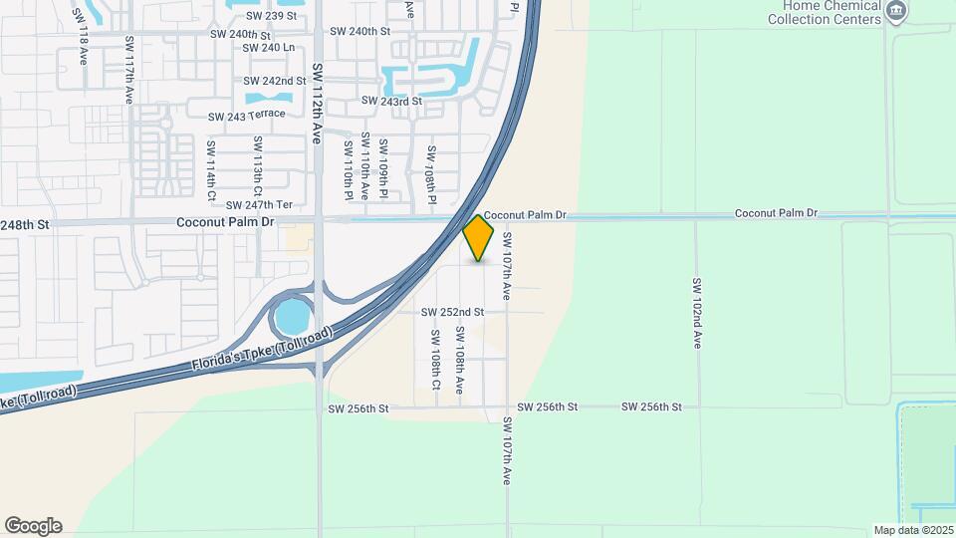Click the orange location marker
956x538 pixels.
pos(479,238)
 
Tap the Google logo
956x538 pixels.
pos(33,526)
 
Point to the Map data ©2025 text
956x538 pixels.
pos(912,530)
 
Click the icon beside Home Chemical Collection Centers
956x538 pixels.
pos(896,11)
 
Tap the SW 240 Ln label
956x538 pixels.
pos(269,47)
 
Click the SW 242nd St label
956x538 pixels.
pos(275,81)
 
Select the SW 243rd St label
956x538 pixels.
pos(392,101)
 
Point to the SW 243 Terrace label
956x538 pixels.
pos(247,116)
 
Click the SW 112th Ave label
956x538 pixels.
pos(318,104)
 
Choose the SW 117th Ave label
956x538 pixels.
pos(129,72)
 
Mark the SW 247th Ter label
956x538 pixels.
pos(260,204)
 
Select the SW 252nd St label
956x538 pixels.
pos(452,312)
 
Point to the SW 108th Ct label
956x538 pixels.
pos(436,359)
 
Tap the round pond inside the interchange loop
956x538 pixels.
pos(292,318)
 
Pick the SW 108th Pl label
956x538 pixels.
pos(432,176)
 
